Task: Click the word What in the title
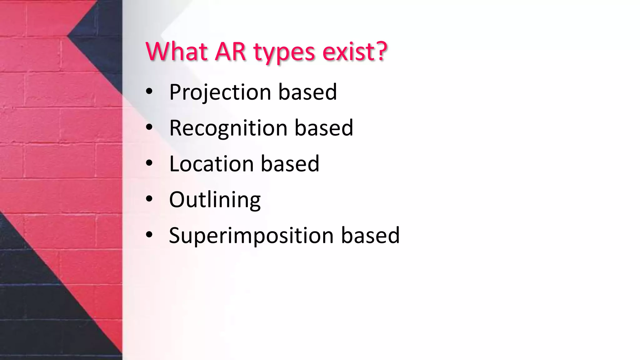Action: coord(177,52)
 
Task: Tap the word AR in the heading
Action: coord(231,52)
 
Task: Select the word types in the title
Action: coord(284,52)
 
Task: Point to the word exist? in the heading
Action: coord(355,52)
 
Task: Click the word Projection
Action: coord(220,92)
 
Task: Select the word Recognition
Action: coord(228,128)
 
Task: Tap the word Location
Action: coord(211,164)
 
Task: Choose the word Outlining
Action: coord(215,200)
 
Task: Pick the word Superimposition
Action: coord(251,236)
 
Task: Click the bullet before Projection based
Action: coord(149,92)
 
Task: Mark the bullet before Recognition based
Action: coord(149,127)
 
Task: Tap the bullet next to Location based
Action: coord(149,163)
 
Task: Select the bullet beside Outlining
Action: coord(149,199)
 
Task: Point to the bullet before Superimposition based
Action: coord(149,235)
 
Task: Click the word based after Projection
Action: coord(307,92)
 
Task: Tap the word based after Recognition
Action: coord(324,128)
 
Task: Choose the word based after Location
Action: coord(290,164)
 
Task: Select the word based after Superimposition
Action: coord(370,236)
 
